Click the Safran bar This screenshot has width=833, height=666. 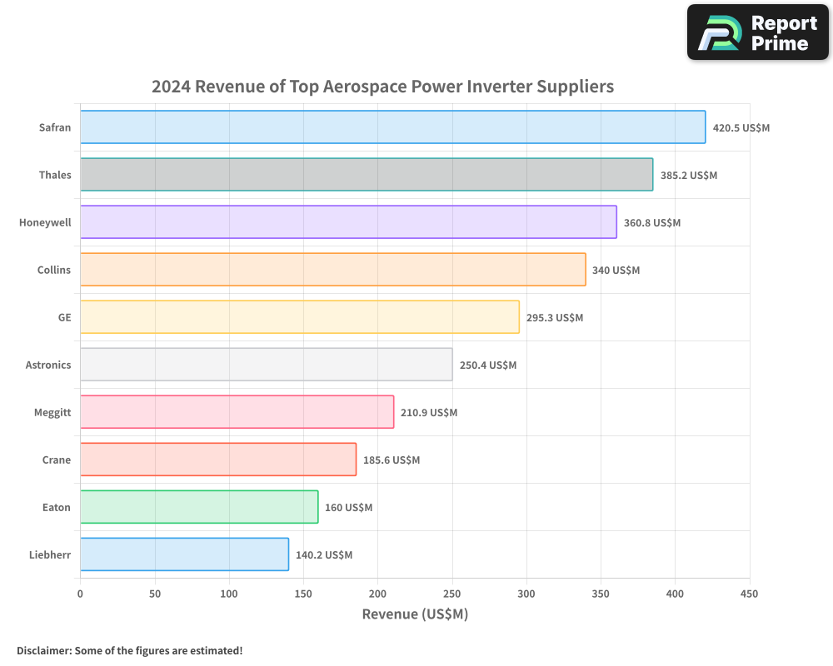pyautogui.click(x=392, y=127)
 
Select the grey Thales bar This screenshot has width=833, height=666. pyautogui.click(x=367, y=175)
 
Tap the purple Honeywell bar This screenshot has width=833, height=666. pyautogui.click(x=348, y=222)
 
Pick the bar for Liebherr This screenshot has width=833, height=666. pyautogui.click(x=184, y=554)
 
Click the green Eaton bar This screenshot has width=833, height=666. pyautogui.click(x=199, y=507)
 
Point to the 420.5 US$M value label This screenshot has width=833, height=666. pyautogui.click(x=741, y=128)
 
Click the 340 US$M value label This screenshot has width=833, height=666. pyautogui.click(x=616, y=271)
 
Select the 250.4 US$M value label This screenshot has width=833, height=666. pyautogui.click(x=487, y=365)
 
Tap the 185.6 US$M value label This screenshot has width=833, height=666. pyautogui.click(x=391, y=460)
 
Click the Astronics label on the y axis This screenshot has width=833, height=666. pyautogui.click(x=48, y=365)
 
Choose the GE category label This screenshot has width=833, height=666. pyautogui.click(x=64, y=317)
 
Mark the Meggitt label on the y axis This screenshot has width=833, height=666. pyautogui.click(x=52, y=412)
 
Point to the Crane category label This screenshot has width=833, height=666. pyautogui.click(x=57, y=460)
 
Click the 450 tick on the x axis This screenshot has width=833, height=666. pyautogui.click(x=749, y=594)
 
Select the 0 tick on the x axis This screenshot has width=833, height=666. pyautogui.click(x=80, y=594)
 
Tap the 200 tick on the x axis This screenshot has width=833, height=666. pyautogui.click(x=377, y=594)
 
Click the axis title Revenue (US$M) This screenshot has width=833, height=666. pyautogui.click(x=415, y=614)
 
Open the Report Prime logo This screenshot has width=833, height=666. pyautogui.click(x=758, y=32)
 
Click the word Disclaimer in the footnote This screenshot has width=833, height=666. pyautogui.click(x=44, y=650)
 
